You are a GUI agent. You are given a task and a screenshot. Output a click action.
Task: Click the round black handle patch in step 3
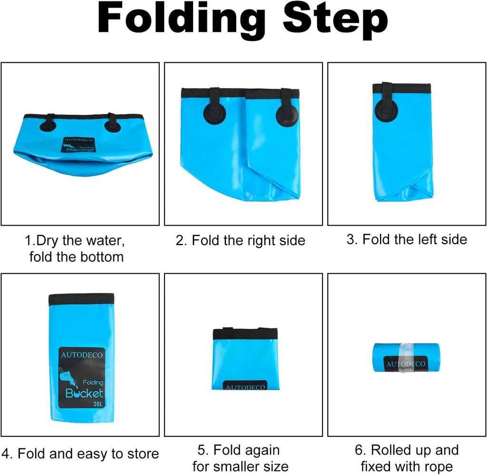coord(386,109)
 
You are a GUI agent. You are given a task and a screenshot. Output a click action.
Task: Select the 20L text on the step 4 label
coord(98,404)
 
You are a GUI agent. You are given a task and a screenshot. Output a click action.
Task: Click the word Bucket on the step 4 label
coord(84,393)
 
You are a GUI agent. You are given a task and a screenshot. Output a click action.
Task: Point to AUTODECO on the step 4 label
coord(82,355)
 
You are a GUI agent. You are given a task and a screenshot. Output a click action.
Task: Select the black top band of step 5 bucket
coord(245,334)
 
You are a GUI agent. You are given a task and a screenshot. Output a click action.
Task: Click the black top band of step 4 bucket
coord(81,299)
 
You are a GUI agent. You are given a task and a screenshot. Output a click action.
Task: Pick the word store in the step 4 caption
coord(143,454)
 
